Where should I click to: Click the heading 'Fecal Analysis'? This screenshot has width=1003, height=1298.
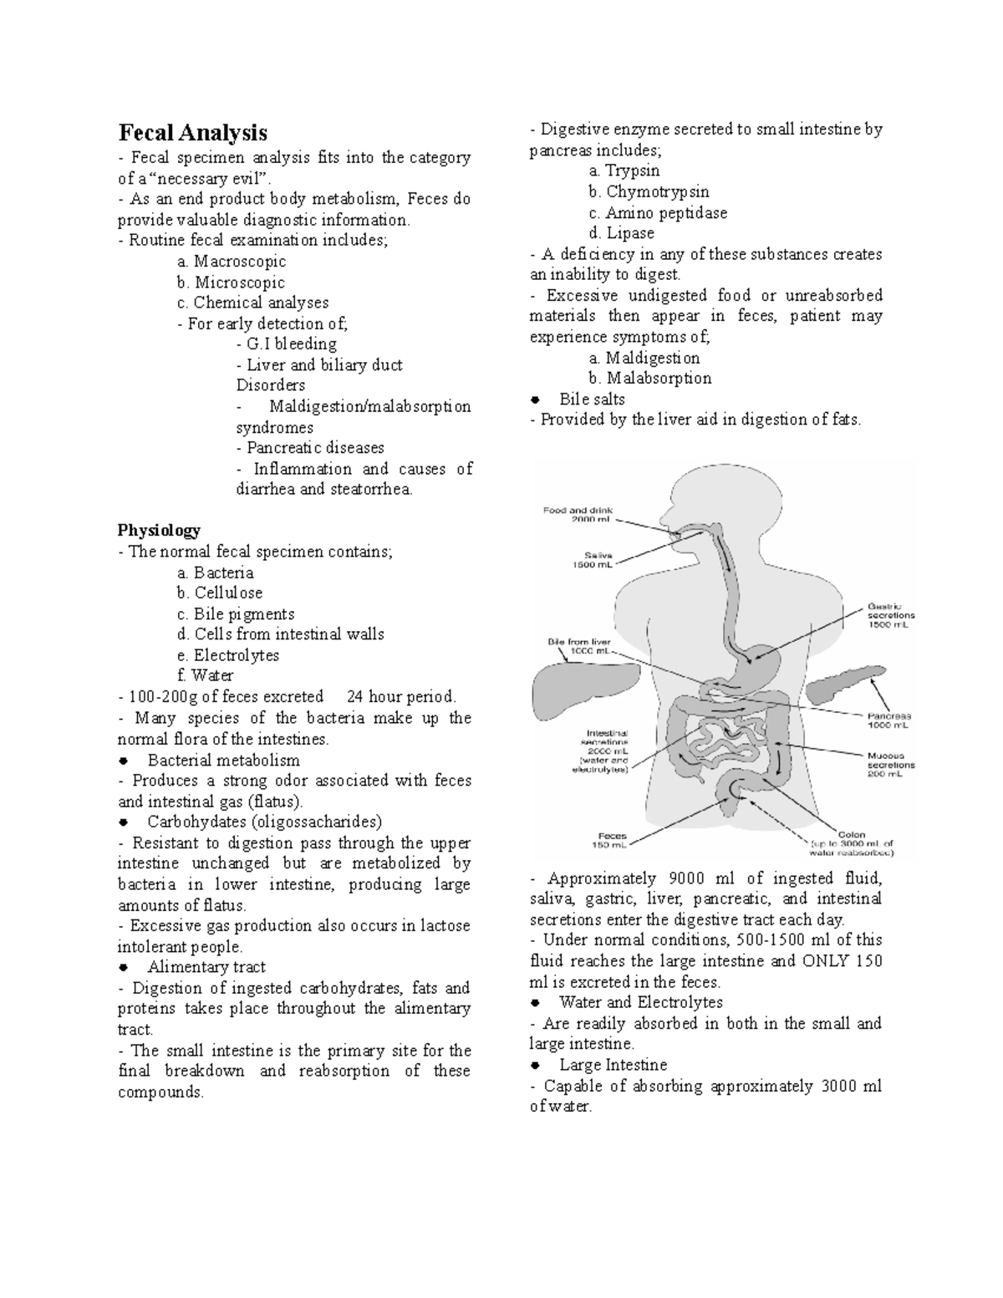coord(192,133)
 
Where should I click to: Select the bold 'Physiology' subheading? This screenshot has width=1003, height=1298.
coord(159,530)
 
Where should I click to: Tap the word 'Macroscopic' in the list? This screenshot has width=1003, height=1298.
coord(240,262)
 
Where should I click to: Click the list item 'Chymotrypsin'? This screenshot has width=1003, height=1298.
coord(657,192)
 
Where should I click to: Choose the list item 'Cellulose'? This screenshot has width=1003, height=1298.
coord(228,593)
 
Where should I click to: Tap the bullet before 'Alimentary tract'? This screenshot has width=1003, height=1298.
coord(123,968)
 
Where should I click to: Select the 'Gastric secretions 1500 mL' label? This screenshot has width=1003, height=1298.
coord(885,616)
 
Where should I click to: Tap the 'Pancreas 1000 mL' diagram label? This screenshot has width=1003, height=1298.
coord(888,720)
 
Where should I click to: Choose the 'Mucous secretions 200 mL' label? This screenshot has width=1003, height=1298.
coord(890,764)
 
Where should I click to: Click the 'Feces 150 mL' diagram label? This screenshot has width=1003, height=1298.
coord(613,839)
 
